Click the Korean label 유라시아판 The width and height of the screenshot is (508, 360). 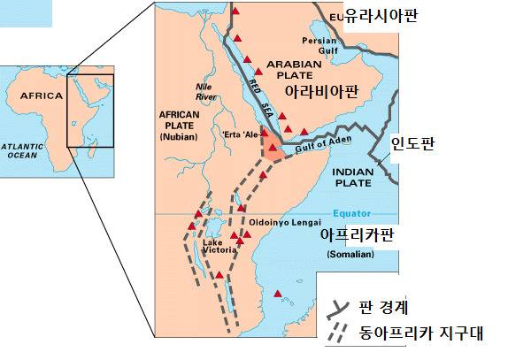pyautogui.click(x=381, y=15)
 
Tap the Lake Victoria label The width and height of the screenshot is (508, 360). pyautogui.click(x=219, y=246)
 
